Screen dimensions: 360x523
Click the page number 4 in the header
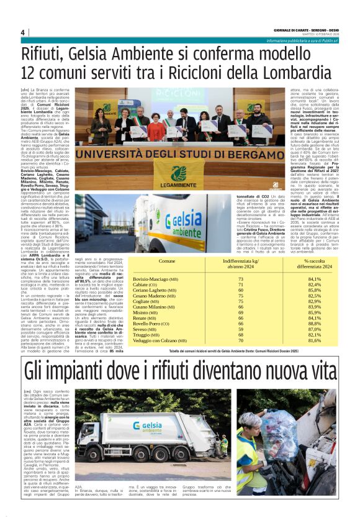[x=22, y=33]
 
